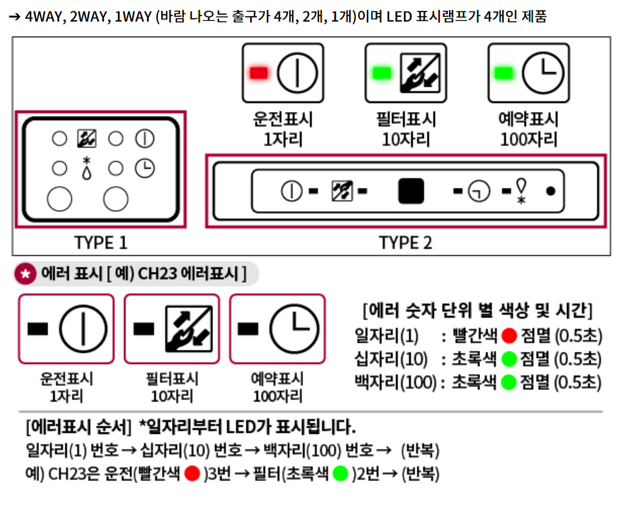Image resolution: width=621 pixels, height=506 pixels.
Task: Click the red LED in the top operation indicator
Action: (x=258, y=72)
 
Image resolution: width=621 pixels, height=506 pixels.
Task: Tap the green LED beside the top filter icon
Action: (x=382, y=72)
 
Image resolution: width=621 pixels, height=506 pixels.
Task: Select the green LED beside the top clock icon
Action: (x=504, y=72)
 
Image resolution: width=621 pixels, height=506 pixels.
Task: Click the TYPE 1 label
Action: (x=100, y=243)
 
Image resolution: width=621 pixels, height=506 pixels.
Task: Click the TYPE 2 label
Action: (x=405, y=243)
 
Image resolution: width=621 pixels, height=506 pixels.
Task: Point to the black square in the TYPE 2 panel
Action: (x=411, y=192)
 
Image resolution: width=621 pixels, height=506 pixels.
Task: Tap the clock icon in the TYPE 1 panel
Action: (x=144, y=168)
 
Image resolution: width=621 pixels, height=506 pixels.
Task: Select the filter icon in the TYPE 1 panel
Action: (x=86, y=139)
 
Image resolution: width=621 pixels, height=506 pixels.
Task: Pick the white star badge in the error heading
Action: (x=24, y=274)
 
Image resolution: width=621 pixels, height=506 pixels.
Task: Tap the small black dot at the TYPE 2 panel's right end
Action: (x=551, y=192)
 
